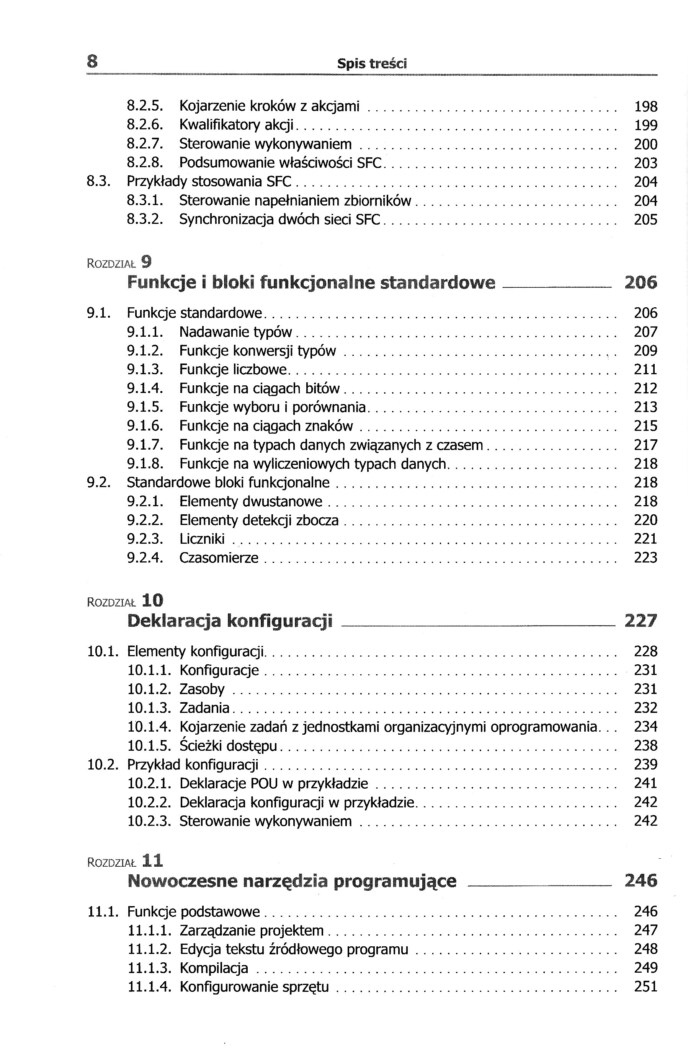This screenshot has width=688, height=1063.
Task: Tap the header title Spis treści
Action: click(372, 64)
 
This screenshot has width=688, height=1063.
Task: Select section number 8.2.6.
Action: click(145, 126)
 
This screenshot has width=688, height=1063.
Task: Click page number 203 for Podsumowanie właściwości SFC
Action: click(646, 163)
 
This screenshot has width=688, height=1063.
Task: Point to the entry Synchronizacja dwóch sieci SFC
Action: click(279, 220)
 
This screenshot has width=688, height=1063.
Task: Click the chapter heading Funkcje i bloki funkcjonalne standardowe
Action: click(311, 283)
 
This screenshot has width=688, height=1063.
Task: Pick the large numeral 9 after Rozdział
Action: click(147, 261)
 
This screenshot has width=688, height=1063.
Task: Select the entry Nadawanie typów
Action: click(235, 332)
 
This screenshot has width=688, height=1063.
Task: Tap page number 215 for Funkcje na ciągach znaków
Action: click(646, 426)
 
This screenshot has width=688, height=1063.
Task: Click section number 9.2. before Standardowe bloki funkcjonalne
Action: click(98, 483)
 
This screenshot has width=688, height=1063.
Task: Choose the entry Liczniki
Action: click(202, 539)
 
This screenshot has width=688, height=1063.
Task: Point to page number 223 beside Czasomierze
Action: click(646, 558)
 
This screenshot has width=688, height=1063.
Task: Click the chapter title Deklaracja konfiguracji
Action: click(230, 621)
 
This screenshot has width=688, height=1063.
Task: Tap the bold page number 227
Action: click(641, 621)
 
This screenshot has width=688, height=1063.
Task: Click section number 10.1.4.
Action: click(149, 727)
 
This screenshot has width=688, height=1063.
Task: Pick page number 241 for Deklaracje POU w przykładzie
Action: click(646, 784)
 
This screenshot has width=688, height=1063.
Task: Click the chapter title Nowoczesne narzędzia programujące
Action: click(292, 881)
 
